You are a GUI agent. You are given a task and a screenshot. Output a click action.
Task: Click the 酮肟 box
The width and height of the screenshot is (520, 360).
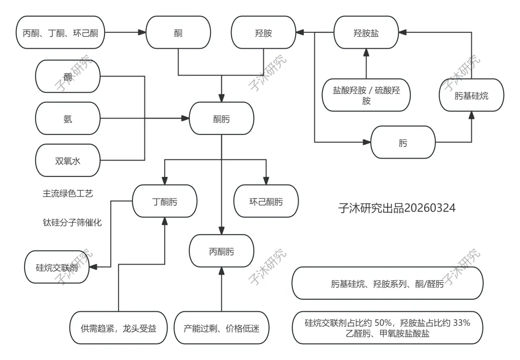click(221, 119)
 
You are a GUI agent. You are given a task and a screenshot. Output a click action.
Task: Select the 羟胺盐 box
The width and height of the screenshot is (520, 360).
click(366, 32)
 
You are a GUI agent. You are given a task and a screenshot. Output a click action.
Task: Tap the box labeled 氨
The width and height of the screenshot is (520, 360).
click(68, 119)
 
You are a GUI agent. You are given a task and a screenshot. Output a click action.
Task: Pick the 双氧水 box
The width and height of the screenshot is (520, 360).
click(68, 160)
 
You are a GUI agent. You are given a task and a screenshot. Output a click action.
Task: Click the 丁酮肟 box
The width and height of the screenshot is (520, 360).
click(165, 201)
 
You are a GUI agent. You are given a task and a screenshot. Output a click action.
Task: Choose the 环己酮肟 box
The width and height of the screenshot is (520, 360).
click(266, 201)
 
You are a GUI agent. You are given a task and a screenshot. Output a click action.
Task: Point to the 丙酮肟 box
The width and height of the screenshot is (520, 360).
click(221, 251)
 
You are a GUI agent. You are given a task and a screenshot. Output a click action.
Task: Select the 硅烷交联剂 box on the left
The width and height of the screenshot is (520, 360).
click(57, 267)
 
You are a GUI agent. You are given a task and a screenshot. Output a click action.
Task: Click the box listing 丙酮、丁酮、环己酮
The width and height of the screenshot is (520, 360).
click(60, 33)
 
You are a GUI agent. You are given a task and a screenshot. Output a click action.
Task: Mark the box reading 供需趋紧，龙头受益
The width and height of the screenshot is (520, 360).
click(118, 328)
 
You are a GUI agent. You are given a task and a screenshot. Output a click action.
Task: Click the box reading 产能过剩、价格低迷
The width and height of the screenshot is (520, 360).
click(221, 328)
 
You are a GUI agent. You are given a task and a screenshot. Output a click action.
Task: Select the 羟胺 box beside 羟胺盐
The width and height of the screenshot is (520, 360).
click(263, 33)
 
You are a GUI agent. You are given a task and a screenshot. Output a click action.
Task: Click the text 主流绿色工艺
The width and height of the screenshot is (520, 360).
click(67, 193)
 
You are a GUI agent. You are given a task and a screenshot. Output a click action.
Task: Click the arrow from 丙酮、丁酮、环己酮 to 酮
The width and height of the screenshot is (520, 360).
click(125, 33)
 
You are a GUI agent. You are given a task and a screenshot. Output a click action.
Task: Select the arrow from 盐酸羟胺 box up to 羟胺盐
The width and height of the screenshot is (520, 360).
click(366, 63)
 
